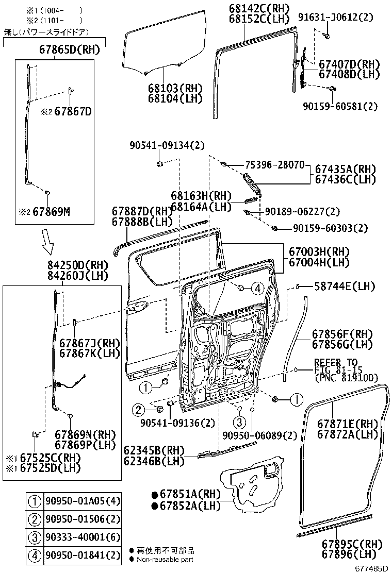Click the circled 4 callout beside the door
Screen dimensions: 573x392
(x=257, y=288)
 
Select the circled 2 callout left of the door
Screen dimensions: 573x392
(x=138, y=410)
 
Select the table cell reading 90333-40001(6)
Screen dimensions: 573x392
(x=83, y=538)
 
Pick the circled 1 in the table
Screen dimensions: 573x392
(x=34, y=501)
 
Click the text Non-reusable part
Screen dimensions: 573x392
(x=165, y=560)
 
